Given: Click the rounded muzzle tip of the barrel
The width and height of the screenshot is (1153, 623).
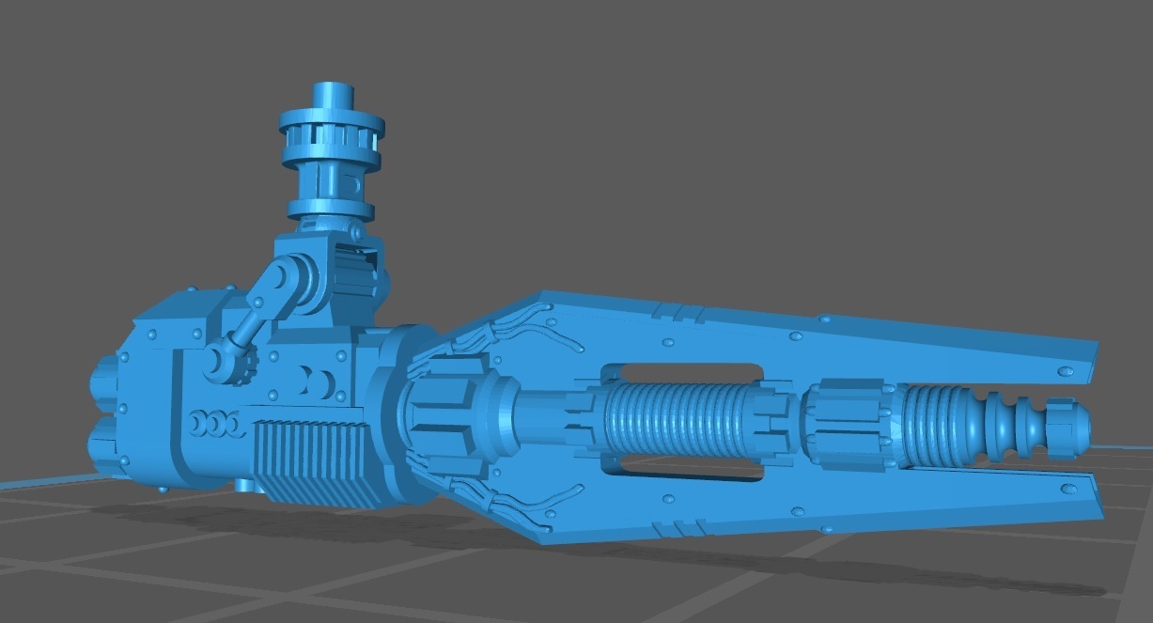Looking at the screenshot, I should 1072,425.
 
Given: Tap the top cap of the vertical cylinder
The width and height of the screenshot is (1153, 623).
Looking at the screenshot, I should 330,94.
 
